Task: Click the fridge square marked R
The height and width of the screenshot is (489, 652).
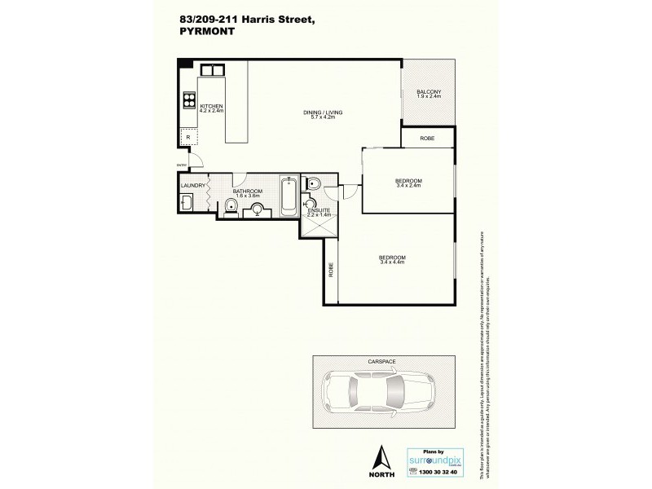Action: [x=188, y=138]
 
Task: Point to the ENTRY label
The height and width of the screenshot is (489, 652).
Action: [x=182, y=165]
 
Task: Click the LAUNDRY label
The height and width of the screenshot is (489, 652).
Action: [x=192, y=186]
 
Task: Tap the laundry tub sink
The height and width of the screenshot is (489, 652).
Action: [x=187, y=203]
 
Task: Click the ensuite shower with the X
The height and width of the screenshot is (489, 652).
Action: [x=313, y=225]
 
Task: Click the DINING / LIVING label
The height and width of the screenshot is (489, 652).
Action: [x=302, y=113]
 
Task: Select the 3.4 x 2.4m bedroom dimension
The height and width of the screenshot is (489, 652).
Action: [x=408, y=186]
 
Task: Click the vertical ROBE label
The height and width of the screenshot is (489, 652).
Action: [x=332, y=271]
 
